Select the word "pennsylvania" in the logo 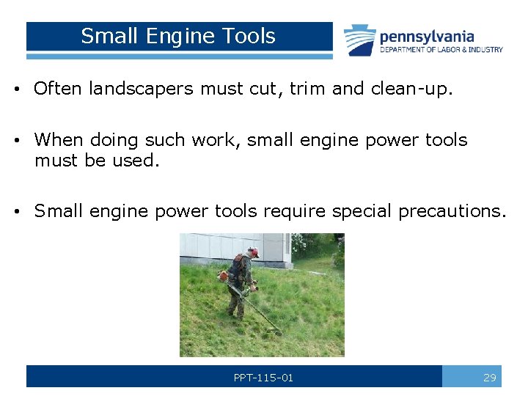(427, 36)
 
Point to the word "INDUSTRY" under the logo (485, 50)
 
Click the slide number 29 (490, 378)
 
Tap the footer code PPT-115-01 (263, 378)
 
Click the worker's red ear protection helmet (253, 252)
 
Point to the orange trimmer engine (224, 276)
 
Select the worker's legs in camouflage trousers (237, 303)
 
